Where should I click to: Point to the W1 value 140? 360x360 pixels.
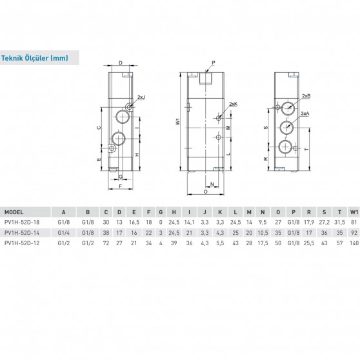[353, 243]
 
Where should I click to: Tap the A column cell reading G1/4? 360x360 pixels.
[63, 232]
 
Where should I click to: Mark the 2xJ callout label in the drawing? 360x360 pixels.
[141, 96]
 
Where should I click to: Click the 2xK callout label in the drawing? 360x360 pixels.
[233, 104]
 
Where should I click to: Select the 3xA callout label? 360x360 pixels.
[304, 114]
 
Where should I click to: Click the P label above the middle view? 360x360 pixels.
[212, 63]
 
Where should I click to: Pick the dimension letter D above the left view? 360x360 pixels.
[120, 63]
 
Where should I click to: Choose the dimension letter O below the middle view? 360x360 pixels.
[205, 192]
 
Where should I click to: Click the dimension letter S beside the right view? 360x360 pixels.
[265, 128]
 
